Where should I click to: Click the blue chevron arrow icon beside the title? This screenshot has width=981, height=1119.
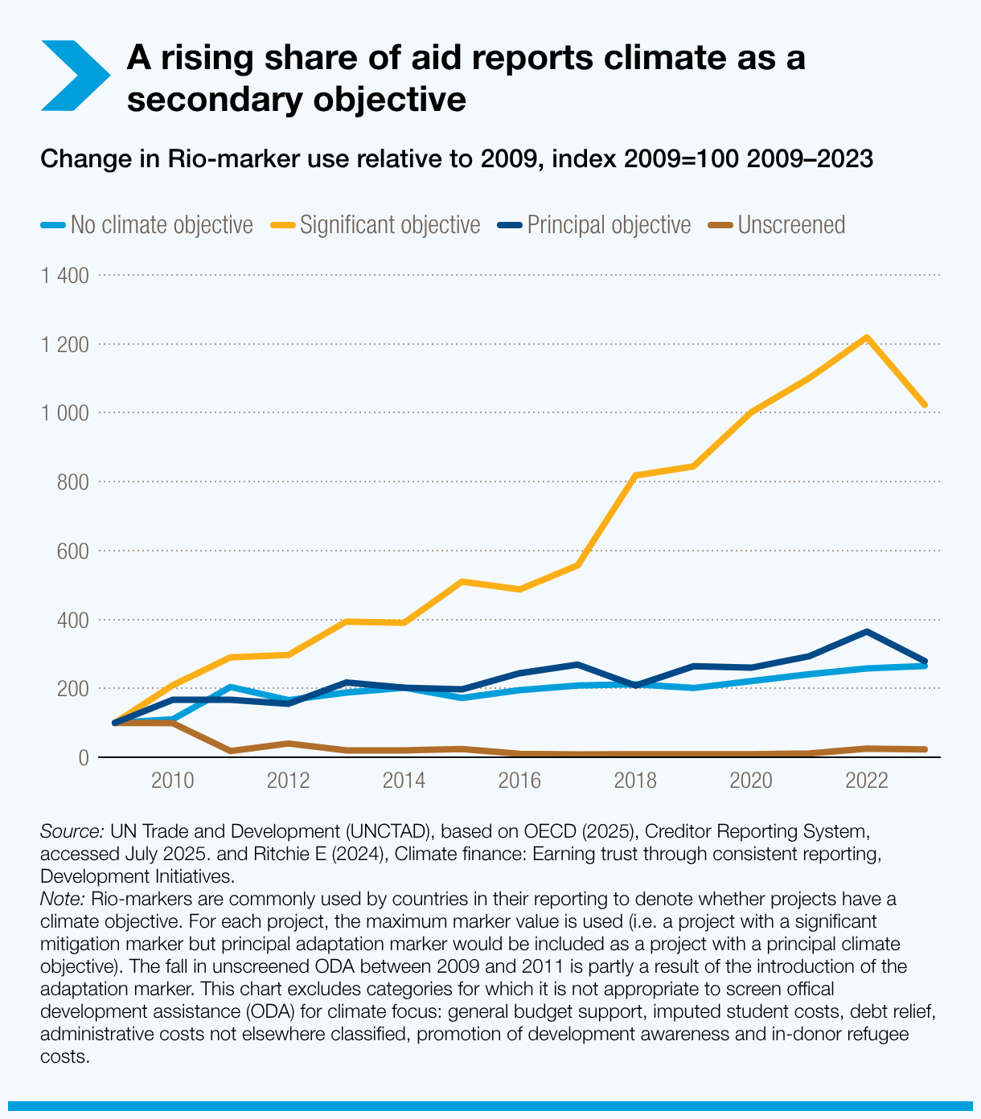[x=74, y=76]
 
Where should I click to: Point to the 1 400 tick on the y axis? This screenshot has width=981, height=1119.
[x=64, y=276]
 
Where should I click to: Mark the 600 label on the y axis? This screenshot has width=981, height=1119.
[x=72, y=551]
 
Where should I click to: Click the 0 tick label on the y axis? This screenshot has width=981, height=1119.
[x=83, y=758]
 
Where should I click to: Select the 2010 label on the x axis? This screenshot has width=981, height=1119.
[x=173, y=781]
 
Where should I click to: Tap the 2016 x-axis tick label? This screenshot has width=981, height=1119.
[x=519, y=781]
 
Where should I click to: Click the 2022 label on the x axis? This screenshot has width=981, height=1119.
[x=867, y=781]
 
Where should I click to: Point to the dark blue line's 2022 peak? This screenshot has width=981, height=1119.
[x=867, y=632]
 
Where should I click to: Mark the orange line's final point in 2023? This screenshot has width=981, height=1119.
[x=925, y=404]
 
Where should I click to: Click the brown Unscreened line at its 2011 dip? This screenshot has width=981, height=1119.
[x=231, y=751]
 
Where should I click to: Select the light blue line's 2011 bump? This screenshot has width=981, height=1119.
[x=231, y=687]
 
